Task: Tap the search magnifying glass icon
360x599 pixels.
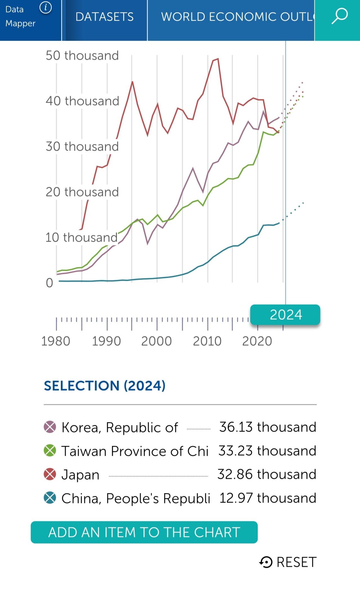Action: (x=339, y=16)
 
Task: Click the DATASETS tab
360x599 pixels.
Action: (x=104, y=17)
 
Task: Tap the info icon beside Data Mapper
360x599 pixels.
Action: (x=46, y=8)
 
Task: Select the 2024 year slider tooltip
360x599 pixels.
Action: (x=285, y=315)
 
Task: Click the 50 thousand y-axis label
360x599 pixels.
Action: (x=82, y=55)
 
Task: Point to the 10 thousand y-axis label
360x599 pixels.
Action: (x=82, y=238)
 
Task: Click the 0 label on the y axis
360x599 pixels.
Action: (x=49, y=283)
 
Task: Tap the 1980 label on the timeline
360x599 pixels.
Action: (x=56, y=341)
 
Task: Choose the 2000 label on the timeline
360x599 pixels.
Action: (x=156, y=341)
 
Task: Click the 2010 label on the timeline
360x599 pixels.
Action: (x=207, y=341)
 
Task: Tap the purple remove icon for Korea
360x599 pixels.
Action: (x=50, y=427)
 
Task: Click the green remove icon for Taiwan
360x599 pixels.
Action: (x=50, y=451)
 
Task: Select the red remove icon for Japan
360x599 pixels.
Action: (x=50, y=474)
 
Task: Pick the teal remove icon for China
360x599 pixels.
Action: (x=50, y=498)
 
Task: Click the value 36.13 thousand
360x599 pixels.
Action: (x=267, y=427)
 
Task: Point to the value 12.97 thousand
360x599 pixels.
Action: (x=267, y=498)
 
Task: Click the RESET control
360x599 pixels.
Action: (x=288, y=562)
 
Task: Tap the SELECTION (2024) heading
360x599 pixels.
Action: (x=105, y=386)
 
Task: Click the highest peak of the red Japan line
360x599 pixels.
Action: (x=218, y=59)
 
